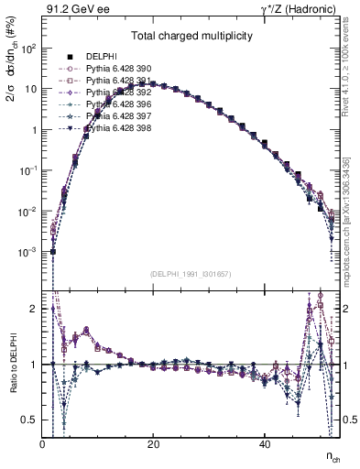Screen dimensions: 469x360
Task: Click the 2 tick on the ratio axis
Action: click(x=34, y=309)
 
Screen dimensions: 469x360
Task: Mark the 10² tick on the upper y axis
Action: click(x=27, y=49)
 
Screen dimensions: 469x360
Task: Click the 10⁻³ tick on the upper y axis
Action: click(x=27, y=251)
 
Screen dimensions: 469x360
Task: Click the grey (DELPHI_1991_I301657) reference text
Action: click(x=191, y=274)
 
